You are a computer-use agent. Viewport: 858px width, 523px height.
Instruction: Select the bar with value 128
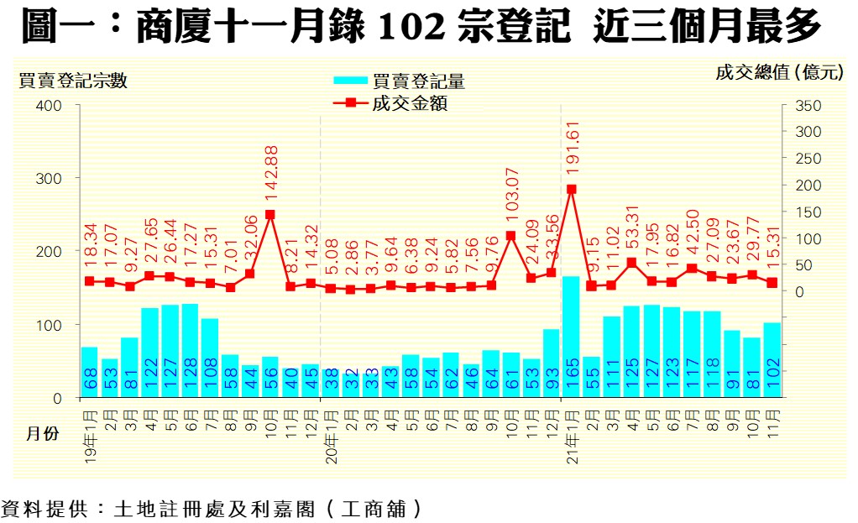190,350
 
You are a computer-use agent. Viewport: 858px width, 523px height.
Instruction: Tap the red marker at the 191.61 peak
571,189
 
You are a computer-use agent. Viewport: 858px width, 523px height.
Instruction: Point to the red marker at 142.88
269,214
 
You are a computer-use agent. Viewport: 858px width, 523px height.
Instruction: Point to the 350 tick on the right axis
798,106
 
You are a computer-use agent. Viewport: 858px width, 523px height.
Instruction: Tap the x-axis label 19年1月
89,435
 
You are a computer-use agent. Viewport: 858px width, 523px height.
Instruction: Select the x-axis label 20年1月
330,435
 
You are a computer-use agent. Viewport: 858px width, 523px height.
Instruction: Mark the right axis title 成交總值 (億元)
778,73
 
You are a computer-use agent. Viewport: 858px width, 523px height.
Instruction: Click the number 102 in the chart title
409,29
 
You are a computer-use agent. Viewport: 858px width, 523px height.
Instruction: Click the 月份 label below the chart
42,436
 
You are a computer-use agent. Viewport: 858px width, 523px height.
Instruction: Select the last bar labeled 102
772,359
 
